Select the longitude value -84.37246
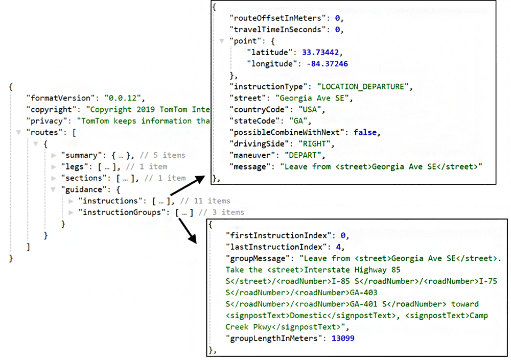tap(328, 64)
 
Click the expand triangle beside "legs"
tap(54, 166)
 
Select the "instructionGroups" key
tap(122, 212)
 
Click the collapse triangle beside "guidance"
tap(54, 189)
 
